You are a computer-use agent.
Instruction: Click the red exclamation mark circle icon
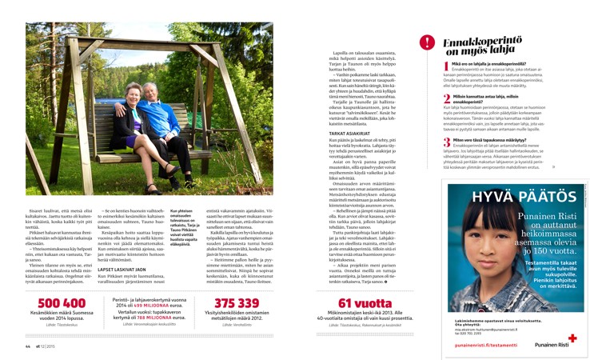point(428,43)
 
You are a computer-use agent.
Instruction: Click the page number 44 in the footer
point(27,346)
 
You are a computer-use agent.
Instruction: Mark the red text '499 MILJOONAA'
point(148,305)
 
